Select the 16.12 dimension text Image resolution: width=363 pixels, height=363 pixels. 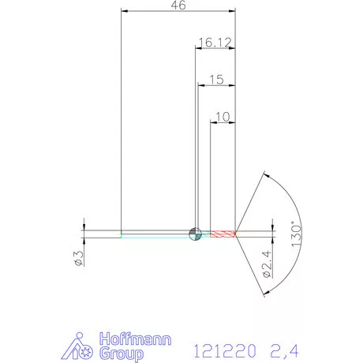(215, 41)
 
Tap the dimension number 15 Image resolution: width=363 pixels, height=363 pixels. (217, 80)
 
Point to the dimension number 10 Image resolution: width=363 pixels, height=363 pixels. (222, 117)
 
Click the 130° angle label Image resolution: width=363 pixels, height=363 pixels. (297, 234)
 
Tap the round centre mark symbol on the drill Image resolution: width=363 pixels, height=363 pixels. (195, 233)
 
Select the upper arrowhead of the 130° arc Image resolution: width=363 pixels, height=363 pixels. (264, 174)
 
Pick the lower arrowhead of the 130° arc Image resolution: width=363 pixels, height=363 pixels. (264, 292)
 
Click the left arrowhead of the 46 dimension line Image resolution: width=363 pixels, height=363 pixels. (123, 12)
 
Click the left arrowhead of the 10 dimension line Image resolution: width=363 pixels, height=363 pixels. (212, 122)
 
